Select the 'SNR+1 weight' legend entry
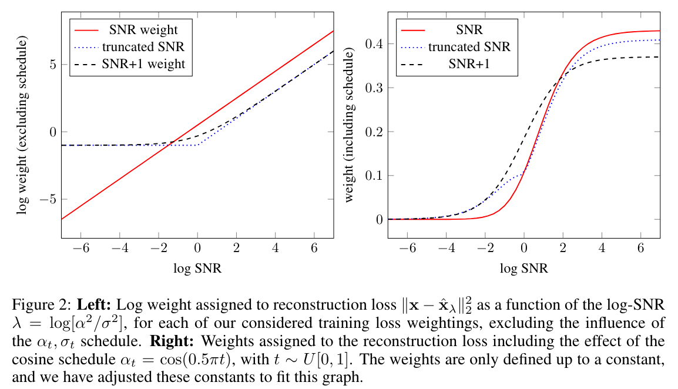143,63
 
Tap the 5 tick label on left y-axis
52,65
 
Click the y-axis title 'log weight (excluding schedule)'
22,126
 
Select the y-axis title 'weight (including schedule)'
350,126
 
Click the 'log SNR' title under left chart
197,269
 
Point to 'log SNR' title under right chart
523,269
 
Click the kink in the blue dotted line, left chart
198,145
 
